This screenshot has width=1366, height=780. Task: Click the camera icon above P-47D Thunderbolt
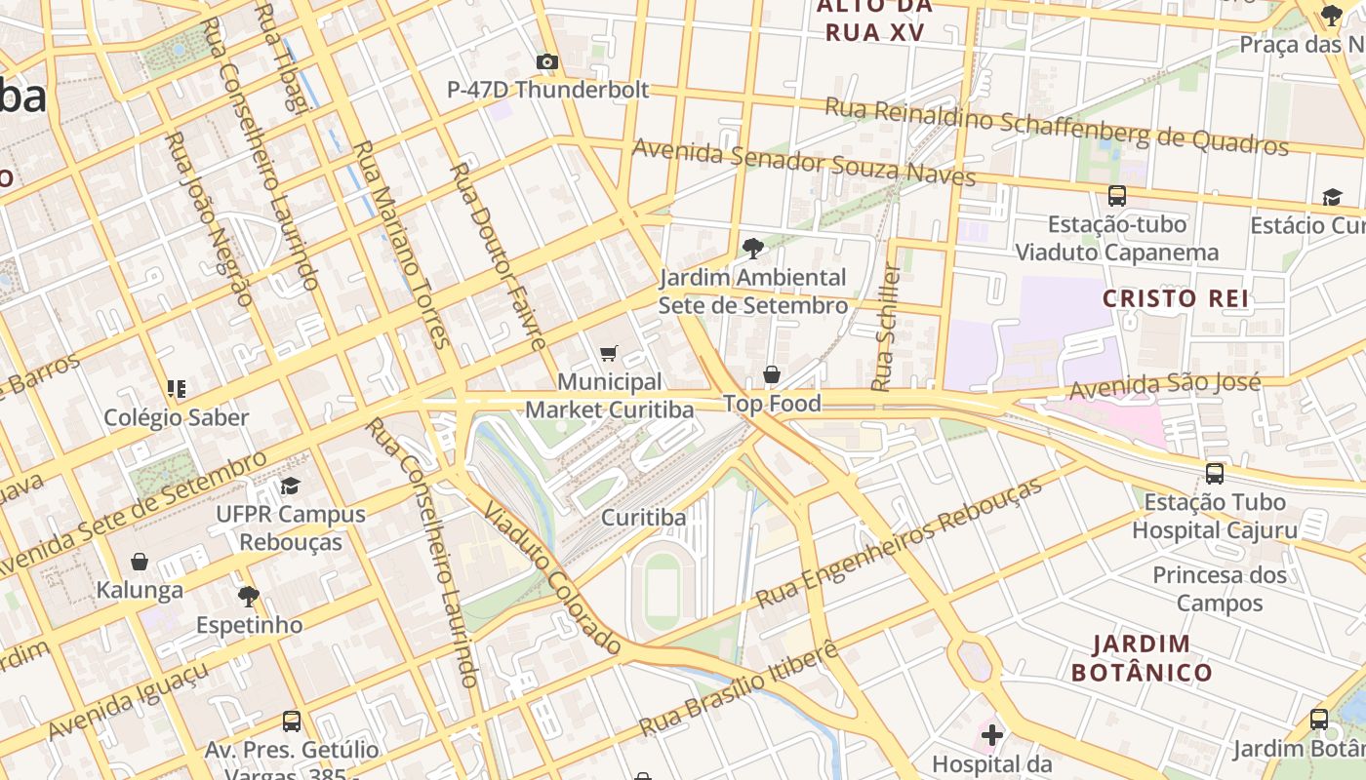click(x=547, y=62)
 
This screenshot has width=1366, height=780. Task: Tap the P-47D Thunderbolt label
click(x=547, y=90)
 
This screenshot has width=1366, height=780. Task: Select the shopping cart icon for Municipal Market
click(x=609, y=353)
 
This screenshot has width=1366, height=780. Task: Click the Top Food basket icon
click(x=772, y=374)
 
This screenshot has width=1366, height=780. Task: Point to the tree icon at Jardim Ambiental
click(x=752, y=249)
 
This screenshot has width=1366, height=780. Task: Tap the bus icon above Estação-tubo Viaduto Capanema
click(x=1117, y=195)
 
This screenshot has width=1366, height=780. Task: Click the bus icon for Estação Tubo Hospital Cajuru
click(x=1215, y=474)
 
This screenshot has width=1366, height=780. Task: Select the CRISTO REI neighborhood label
click(x=1176, y=298)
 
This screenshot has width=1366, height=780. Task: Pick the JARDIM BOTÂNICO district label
click(x=1142, y=658)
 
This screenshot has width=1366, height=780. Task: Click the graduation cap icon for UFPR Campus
click(x=290, y=486)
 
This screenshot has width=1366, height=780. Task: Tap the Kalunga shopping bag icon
click(x=140, y=562)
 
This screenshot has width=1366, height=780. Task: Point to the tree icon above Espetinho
click(x=249, y=596)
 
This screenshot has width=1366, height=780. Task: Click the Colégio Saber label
click(x=177, y=417)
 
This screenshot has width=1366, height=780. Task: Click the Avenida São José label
click(x=1165, y=386)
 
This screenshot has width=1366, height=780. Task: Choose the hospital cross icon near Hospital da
click(x=992, y=734)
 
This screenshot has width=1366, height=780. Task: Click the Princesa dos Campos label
click(x=1220, y=589)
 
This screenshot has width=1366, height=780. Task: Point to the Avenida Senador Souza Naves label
click(x=804, y=162)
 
